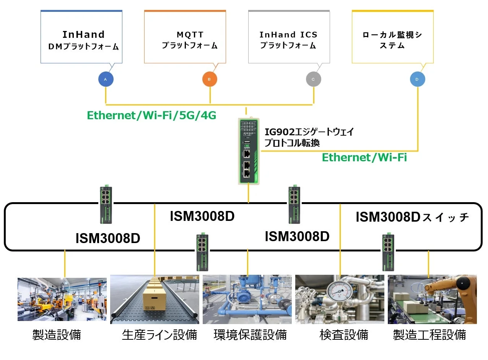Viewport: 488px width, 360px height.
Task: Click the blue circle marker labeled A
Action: click(x=106, y=79)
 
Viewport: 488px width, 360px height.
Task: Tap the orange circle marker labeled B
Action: click(x=210, y=79)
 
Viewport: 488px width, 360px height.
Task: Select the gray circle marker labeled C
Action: click(x=313, y=79)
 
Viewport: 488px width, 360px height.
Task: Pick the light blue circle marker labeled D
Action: click(x=417, y=79)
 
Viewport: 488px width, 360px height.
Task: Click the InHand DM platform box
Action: click(x=81, y=37)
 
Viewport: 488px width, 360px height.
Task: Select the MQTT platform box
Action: click(x=185, y=37)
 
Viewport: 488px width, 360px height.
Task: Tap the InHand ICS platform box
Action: click(x=289, y=37)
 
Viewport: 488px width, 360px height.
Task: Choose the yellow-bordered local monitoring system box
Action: click(x=392, y=37)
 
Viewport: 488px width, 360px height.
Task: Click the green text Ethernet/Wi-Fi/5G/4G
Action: click(x=151, y=115)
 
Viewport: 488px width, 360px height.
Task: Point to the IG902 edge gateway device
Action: click(x=248, y=151)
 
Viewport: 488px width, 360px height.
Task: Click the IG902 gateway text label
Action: click(x=309, y=137)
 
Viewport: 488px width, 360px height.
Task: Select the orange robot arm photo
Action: click(x=432, y=299)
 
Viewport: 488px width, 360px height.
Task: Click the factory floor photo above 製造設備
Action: click(x=62, y=299)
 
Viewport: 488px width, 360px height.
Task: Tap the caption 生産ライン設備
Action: click(x=159, y=335)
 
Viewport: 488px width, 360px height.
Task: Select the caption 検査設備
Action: click(x=343, y=335)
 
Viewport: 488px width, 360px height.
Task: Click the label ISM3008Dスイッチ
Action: click(x=412, y=217)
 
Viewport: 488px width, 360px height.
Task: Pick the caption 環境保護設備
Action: click(x=250, y=335)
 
